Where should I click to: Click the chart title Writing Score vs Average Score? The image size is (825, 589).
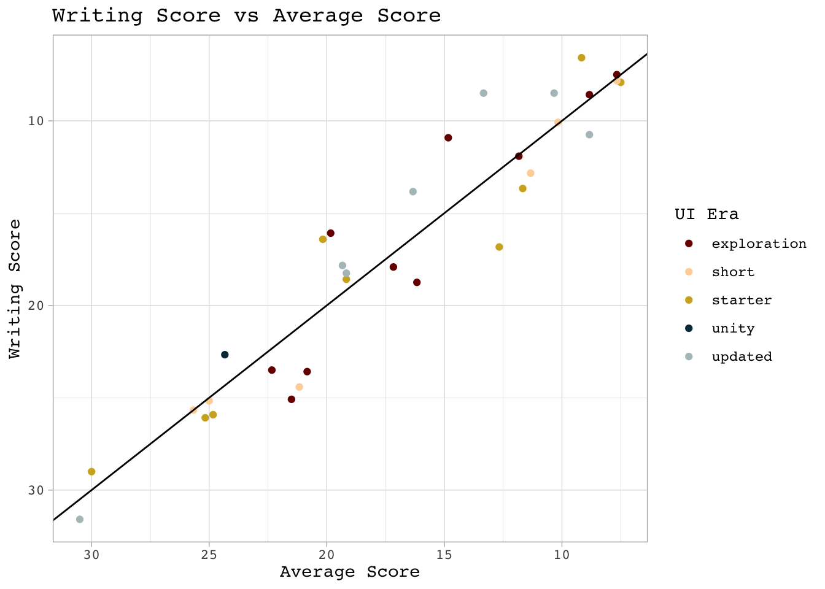tap(246, 15)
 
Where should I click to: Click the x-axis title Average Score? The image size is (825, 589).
tap(349, 572)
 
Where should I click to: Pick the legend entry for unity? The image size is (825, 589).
tap(733, 328)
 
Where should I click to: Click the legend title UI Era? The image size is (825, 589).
tap(707, 214)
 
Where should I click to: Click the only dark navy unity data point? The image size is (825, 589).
tap(225, 355)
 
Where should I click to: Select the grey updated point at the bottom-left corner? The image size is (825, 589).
tap(80, 519)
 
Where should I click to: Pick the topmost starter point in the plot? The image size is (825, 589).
tap(581, 58)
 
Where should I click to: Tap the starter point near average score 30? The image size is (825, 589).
tap(91, 472)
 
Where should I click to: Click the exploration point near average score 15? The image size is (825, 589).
tap(448, 137)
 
